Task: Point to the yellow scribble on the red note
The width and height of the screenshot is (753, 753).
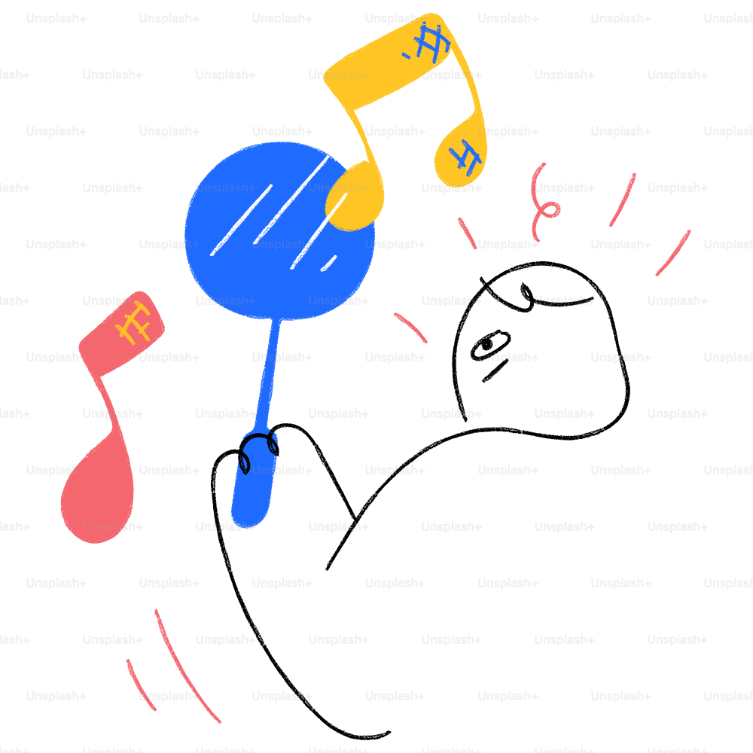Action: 133,322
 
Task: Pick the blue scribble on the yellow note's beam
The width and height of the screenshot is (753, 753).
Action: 428,42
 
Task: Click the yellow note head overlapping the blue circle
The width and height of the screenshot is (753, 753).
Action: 355,197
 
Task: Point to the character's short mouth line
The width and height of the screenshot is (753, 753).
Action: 495,370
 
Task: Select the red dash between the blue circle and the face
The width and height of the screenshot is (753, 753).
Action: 410,328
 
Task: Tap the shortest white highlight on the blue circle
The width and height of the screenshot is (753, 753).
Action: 329,263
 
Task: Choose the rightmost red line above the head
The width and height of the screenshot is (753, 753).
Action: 673,253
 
